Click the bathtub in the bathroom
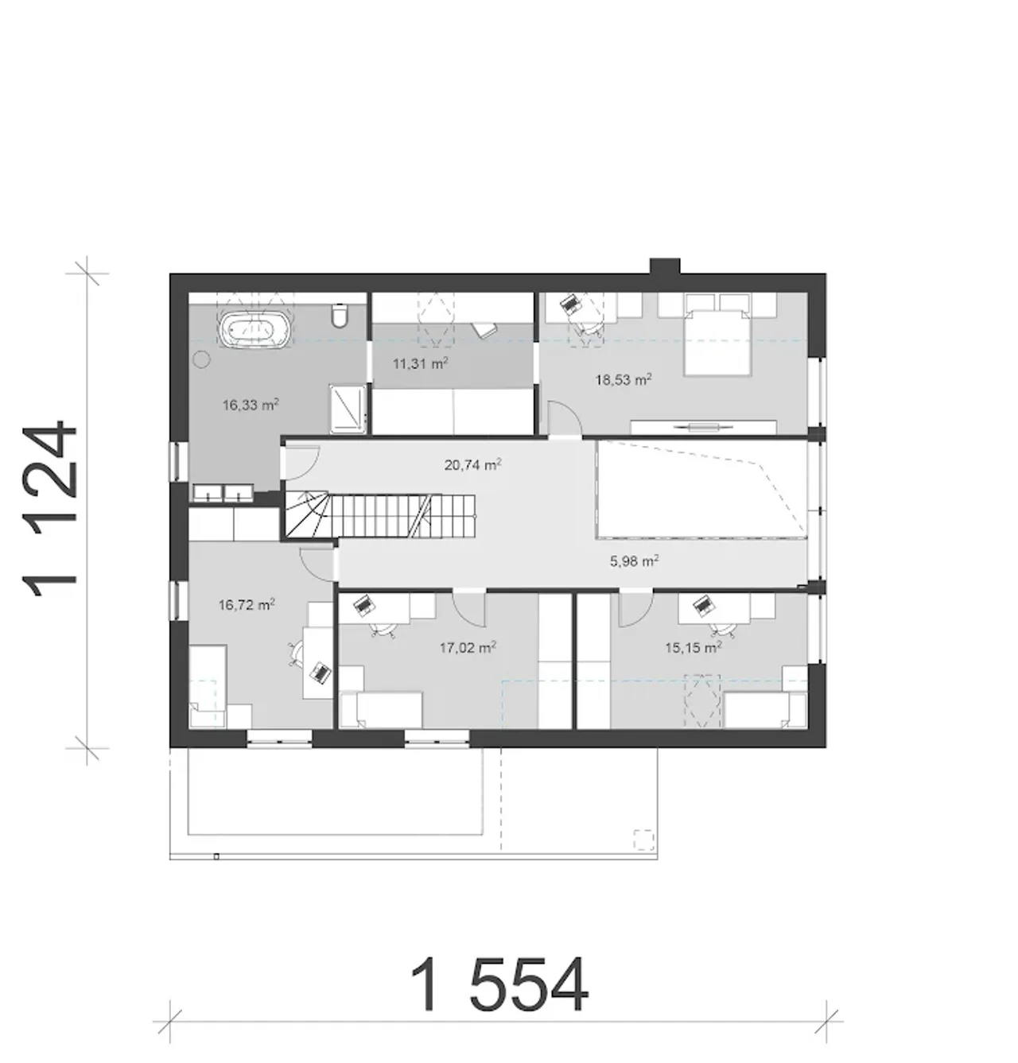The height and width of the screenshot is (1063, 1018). [x=254, y=329]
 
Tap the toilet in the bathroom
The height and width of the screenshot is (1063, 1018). [x=340, y=316]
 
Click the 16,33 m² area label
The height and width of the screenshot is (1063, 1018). [x=251, y=405]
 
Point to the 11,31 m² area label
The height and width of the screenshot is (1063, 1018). [x=421, y=363]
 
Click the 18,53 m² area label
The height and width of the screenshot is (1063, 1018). [x=624, y=379]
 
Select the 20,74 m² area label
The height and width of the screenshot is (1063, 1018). [x=473, y=465]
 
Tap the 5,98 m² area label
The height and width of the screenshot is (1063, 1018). [x=634, y=561]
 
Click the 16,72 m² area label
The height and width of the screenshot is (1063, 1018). [x=247, y=605]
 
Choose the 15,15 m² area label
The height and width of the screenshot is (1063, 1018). [x=694, y=647]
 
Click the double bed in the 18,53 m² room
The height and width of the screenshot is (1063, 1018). [x=717, y=334]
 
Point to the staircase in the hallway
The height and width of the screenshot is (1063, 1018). [x=380, y=516]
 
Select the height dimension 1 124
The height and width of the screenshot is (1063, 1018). [x=50, y=509]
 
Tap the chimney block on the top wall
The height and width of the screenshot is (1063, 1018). [x=665, y=266]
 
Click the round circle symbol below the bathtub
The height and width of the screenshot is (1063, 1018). [x=202, y=359]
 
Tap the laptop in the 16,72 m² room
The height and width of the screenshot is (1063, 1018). [x=321, y=672]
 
